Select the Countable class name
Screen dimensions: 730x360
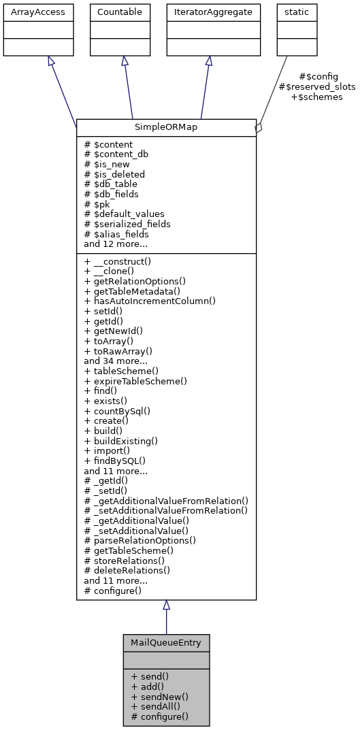(x=120, y=12)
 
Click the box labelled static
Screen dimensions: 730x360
(x=292, y=12)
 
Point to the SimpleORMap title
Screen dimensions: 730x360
(x=166, y=127)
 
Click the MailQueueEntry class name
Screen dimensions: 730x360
(x=166, y=642)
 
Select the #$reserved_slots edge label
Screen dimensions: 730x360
(x=317, y=87)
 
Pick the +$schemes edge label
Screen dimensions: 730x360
(x=316, y=97)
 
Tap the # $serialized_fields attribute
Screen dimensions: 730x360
(x=127, y=224)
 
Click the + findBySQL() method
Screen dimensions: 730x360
(x=115, y=461)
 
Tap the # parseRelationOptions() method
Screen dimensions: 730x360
(x=140, y=540)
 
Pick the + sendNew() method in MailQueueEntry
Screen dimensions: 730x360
(x=160, y=697)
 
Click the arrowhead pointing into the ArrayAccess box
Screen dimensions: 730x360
(x=50, y=61)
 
